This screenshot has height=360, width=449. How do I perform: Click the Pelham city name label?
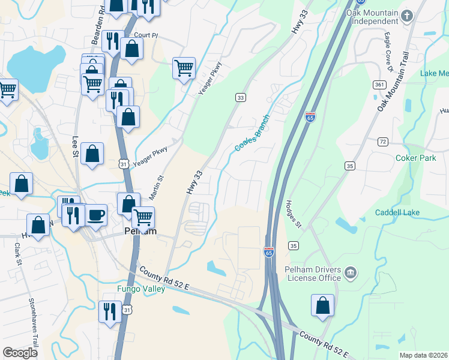(x=140, y=231)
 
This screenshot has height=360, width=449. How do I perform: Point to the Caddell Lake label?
(x=397, y=212)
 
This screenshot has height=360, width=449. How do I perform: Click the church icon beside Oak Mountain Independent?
(x=408, y=14)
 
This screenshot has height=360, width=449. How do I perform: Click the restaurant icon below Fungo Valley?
(x=109, y=311)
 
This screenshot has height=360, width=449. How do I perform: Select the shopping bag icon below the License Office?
(x=322, y=305)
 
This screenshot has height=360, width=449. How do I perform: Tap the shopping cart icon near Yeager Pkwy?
(x=184, y=67)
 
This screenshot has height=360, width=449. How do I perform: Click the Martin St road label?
(x=156, y=187)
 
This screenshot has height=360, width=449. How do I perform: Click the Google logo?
(x=20, y=353)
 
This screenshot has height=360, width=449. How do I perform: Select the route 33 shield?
(x=240, y=97)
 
